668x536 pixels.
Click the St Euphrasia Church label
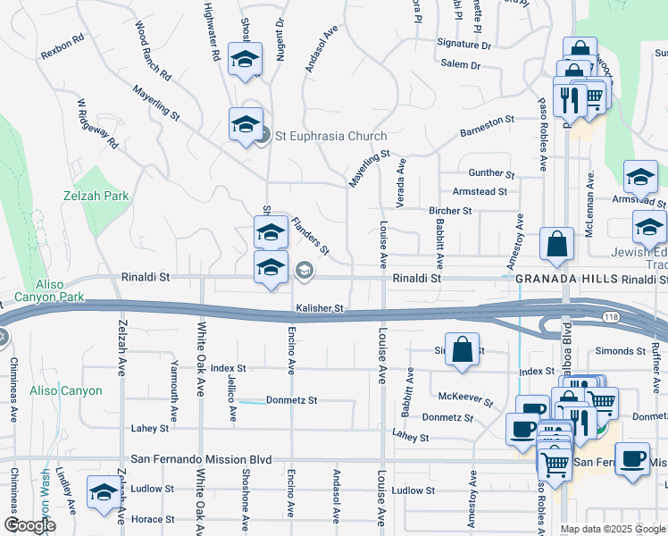[x=330, y=136]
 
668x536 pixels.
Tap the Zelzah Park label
[x=96, y=196]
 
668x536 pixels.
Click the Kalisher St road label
[x=321, y=308]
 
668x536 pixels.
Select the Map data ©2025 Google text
[x=613, y=529]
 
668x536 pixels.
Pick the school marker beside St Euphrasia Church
[x=246, y=125]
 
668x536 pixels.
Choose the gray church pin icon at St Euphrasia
[x=262, y=136]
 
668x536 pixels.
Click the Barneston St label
[x=487, y=125]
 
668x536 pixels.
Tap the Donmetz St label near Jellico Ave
[x=291, y=400]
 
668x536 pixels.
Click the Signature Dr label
[x=463, y=43]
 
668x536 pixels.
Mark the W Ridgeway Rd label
[x=97, y=123]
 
